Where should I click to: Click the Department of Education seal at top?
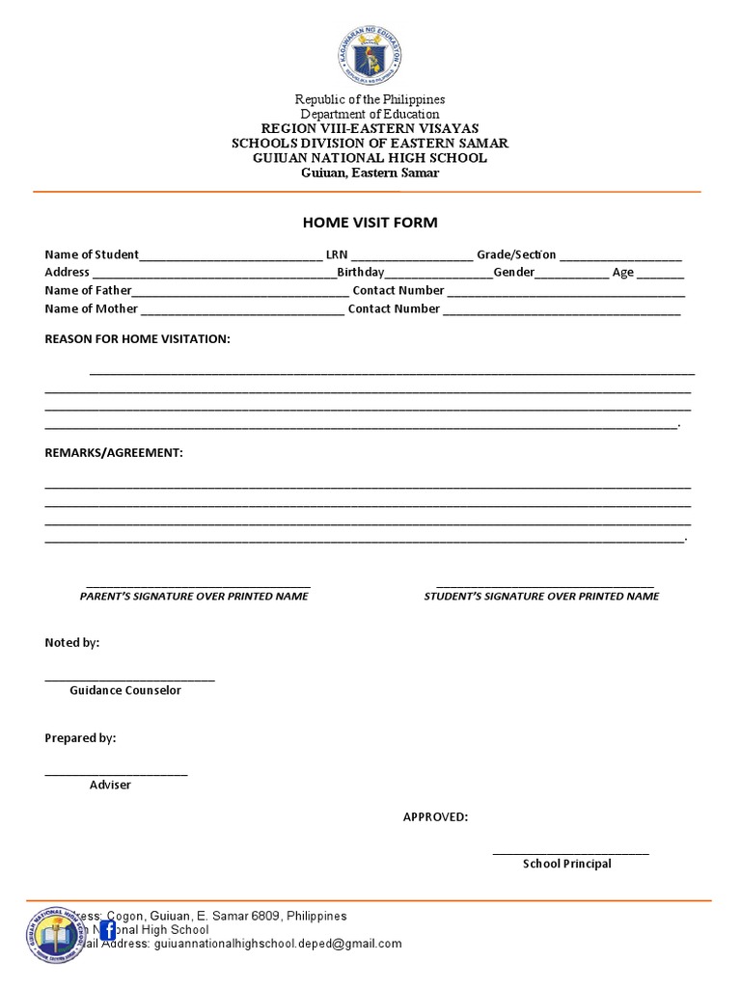(370, 56)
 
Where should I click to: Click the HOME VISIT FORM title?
(370, 223)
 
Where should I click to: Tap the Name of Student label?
(92, 254)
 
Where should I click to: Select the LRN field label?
(336, 254)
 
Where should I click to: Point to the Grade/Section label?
(516, 254)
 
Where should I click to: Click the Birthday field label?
(360, 273)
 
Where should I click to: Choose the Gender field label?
(514, 273)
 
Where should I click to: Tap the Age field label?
(622, 273)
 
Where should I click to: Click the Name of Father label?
(88, 290)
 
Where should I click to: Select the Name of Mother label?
(91, 309)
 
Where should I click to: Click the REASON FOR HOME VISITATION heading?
(137, 339)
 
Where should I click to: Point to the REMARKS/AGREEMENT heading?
(113, 452)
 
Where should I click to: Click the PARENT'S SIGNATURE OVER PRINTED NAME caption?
(194, 597)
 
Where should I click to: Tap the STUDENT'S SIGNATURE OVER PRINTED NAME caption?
(541, 597)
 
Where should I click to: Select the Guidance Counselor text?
(125, 690)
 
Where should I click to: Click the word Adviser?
(110, 785)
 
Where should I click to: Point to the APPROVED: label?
(435, 817)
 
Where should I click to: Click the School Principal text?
(567, 864)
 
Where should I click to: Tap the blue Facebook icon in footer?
(107, 929)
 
